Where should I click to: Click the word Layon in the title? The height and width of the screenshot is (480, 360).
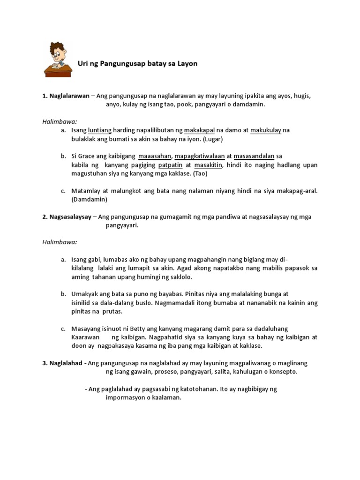coord(188,63)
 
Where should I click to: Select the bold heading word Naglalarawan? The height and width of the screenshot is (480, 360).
coord(69,96)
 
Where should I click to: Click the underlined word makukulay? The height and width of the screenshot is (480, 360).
coord(266,130)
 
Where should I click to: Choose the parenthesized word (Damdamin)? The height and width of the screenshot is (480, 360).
coord(89,199)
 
